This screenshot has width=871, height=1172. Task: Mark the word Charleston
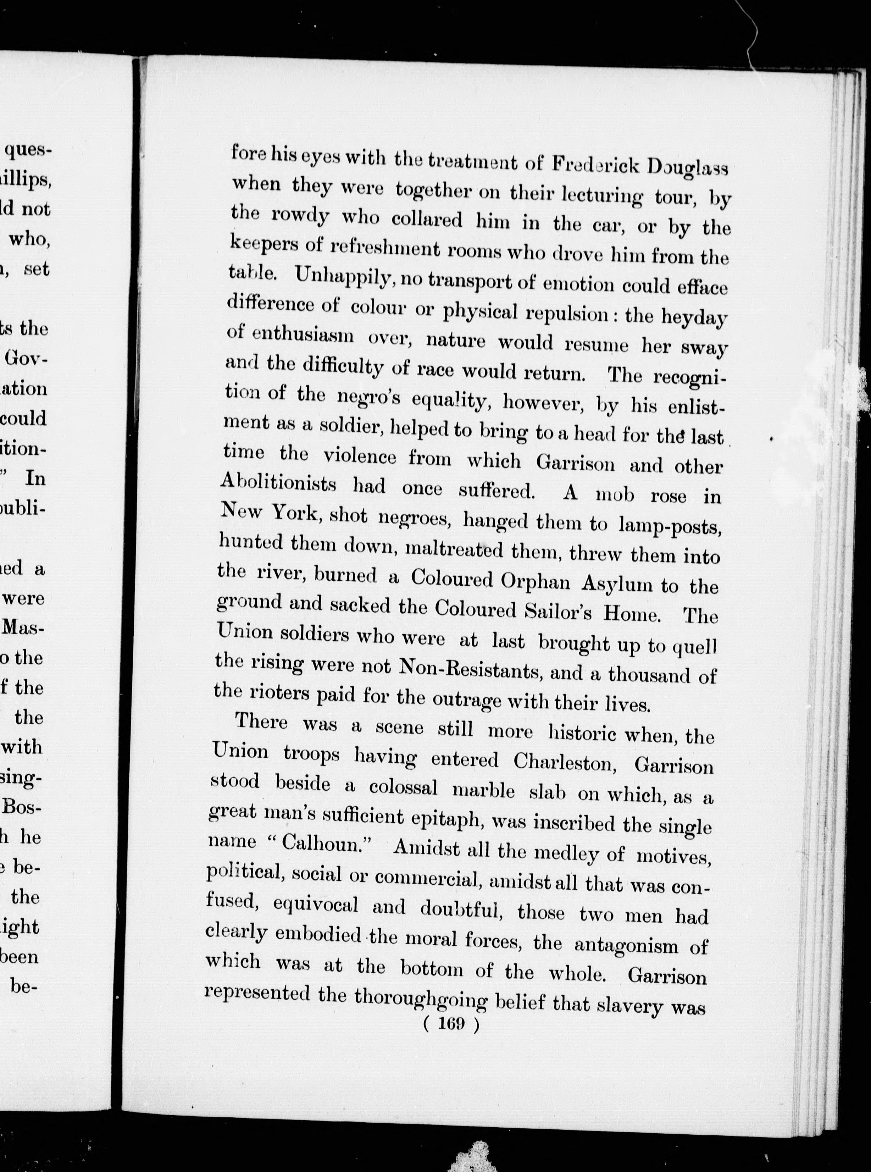[565, 761]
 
